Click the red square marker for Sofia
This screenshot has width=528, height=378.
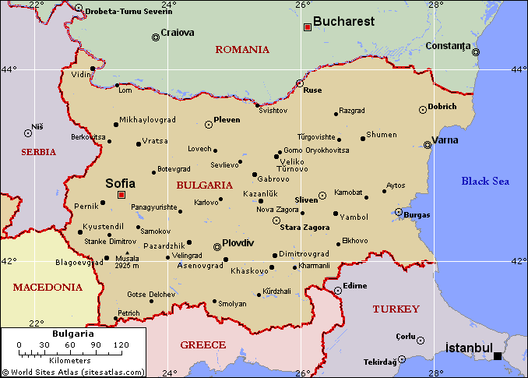[121, 195]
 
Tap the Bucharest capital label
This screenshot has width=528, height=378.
[343, 22]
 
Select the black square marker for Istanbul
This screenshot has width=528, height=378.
[498, 356]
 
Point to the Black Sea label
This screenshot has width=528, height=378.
[484, 181]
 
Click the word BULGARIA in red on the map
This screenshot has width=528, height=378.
[204, 185]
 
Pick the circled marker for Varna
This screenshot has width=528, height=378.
[427, 144]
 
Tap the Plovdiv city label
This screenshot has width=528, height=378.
[238, 242]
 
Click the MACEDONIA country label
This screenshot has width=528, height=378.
[48, 287]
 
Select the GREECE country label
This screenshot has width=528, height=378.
[202, 344]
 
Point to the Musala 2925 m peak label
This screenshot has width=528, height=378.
[126, 262]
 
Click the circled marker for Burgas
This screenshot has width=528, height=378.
[399, 212]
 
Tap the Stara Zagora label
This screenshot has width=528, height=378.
[304, 227]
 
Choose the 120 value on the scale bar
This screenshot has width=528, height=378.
[121, 344]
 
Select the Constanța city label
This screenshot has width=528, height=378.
[449, 45]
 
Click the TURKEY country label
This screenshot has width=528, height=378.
[396, 309]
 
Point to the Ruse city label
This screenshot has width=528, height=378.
[312, 90]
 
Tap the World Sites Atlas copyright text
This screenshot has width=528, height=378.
[73, 373]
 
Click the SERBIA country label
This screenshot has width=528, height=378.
[39, 152]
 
